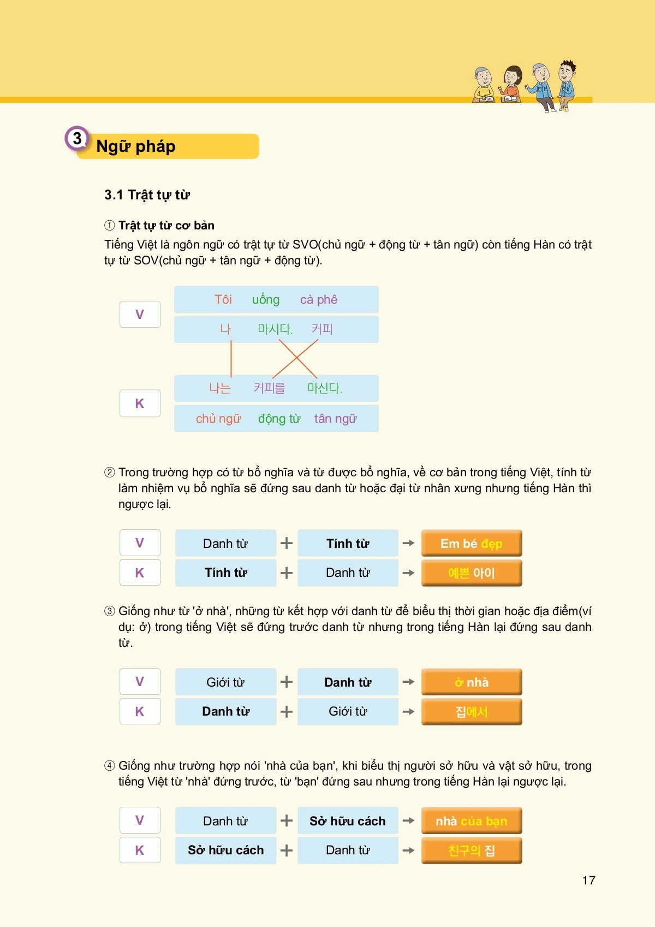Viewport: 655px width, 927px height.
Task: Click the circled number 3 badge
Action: point(77,139)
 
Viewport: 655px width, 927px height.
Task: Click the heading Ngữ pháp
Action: point(136,146)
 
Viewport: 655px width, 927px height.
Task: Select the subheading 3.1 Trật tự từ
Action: point(147,195)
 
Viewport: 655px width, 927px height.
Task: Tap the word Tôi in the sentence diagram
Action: point(223,299)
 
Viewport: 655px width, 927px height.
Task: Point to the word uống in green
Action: point(266,299)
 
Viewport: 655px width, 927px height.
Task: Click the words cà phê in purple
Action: point(319,299)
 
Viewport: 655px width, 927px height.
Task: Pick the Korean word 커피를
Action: point(269,388)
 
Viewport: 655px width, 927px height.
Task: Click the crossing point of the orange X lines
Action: point(295,358)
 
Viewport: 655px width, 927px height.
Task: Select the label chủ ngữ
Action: point(218,418)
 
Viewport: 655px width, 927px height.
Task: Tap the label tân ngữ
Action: point(335,418)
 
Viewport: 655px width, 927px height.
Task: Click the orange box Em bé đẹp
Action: point(471,544)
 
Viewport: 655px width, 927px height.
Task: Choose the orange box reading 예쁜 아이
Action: point(471,573)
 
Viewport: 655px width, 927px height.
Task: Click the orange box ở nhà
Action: point(471,682)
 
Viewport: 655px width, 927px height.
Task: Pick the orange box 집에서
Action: point(471,712)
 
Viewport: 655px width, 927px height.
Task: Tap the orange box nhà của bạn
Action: point(471,821)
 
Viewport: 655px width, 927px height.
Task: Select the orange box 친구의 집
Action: point(471,851)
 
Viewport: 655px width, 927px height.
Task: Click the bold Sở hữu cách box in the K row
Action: point(225,851)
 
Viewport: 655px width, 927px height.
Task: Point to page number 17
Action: point(588,881)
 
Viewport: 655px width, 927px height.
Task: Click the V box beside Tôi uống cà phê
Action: point(140,315)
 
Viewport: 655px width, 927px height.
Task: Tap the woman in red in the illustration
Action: point(511,83)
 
